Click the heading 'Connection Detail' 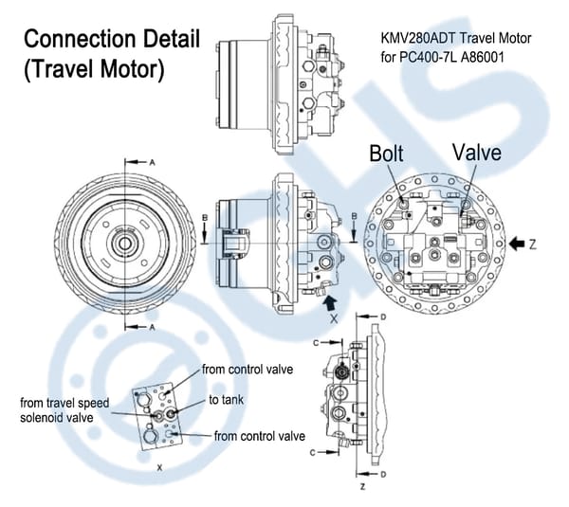(x=111, y=41)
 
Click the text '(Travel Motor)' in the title (x=94, y=70)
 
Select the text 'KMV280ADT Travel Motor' (x=454, y=41)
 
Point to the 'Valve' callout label (x=477, y=153)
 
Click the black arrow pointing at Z (x=518, y=244)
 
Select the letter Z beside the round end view (x=537, y=244)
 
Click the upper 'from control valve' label (x=246, y=369)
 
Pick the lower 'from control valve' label (x=259, y=436)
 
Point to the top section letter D (x=382, y=316)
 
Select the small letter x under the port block (x=158, y=467)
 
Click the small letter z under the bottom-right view (x=362, y=486)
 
